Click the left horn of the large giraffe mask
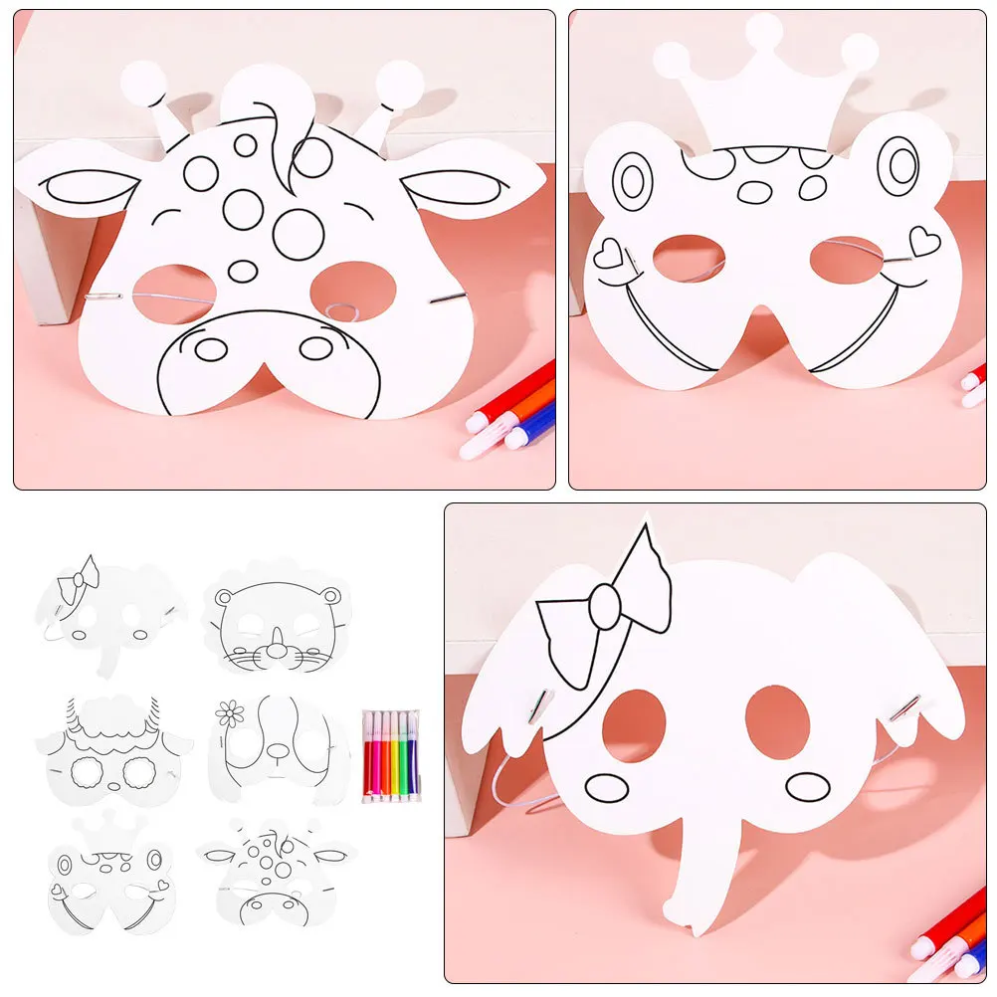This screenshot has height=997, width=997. pyautogui.click(x=150, y=95)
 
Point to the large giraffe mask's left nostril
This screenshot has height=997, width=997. pyautogui.click(x=211, y=349)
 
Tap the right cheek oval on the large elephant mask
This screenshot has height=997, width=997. pyautogui.click(x=807, y=787)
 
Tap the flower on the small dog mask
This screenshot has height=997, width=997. pyautogui.click(x=230, y=712)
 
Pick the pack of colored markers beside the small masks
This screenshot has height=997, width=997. pyautogui.click(x=390, y=755)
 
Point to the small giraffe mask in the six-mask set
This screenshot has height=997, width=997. pyautogui.click(x=276, y=872)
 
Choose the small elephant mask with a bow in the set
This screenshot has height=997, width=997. pyautogui.click(x=106, y=612)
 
